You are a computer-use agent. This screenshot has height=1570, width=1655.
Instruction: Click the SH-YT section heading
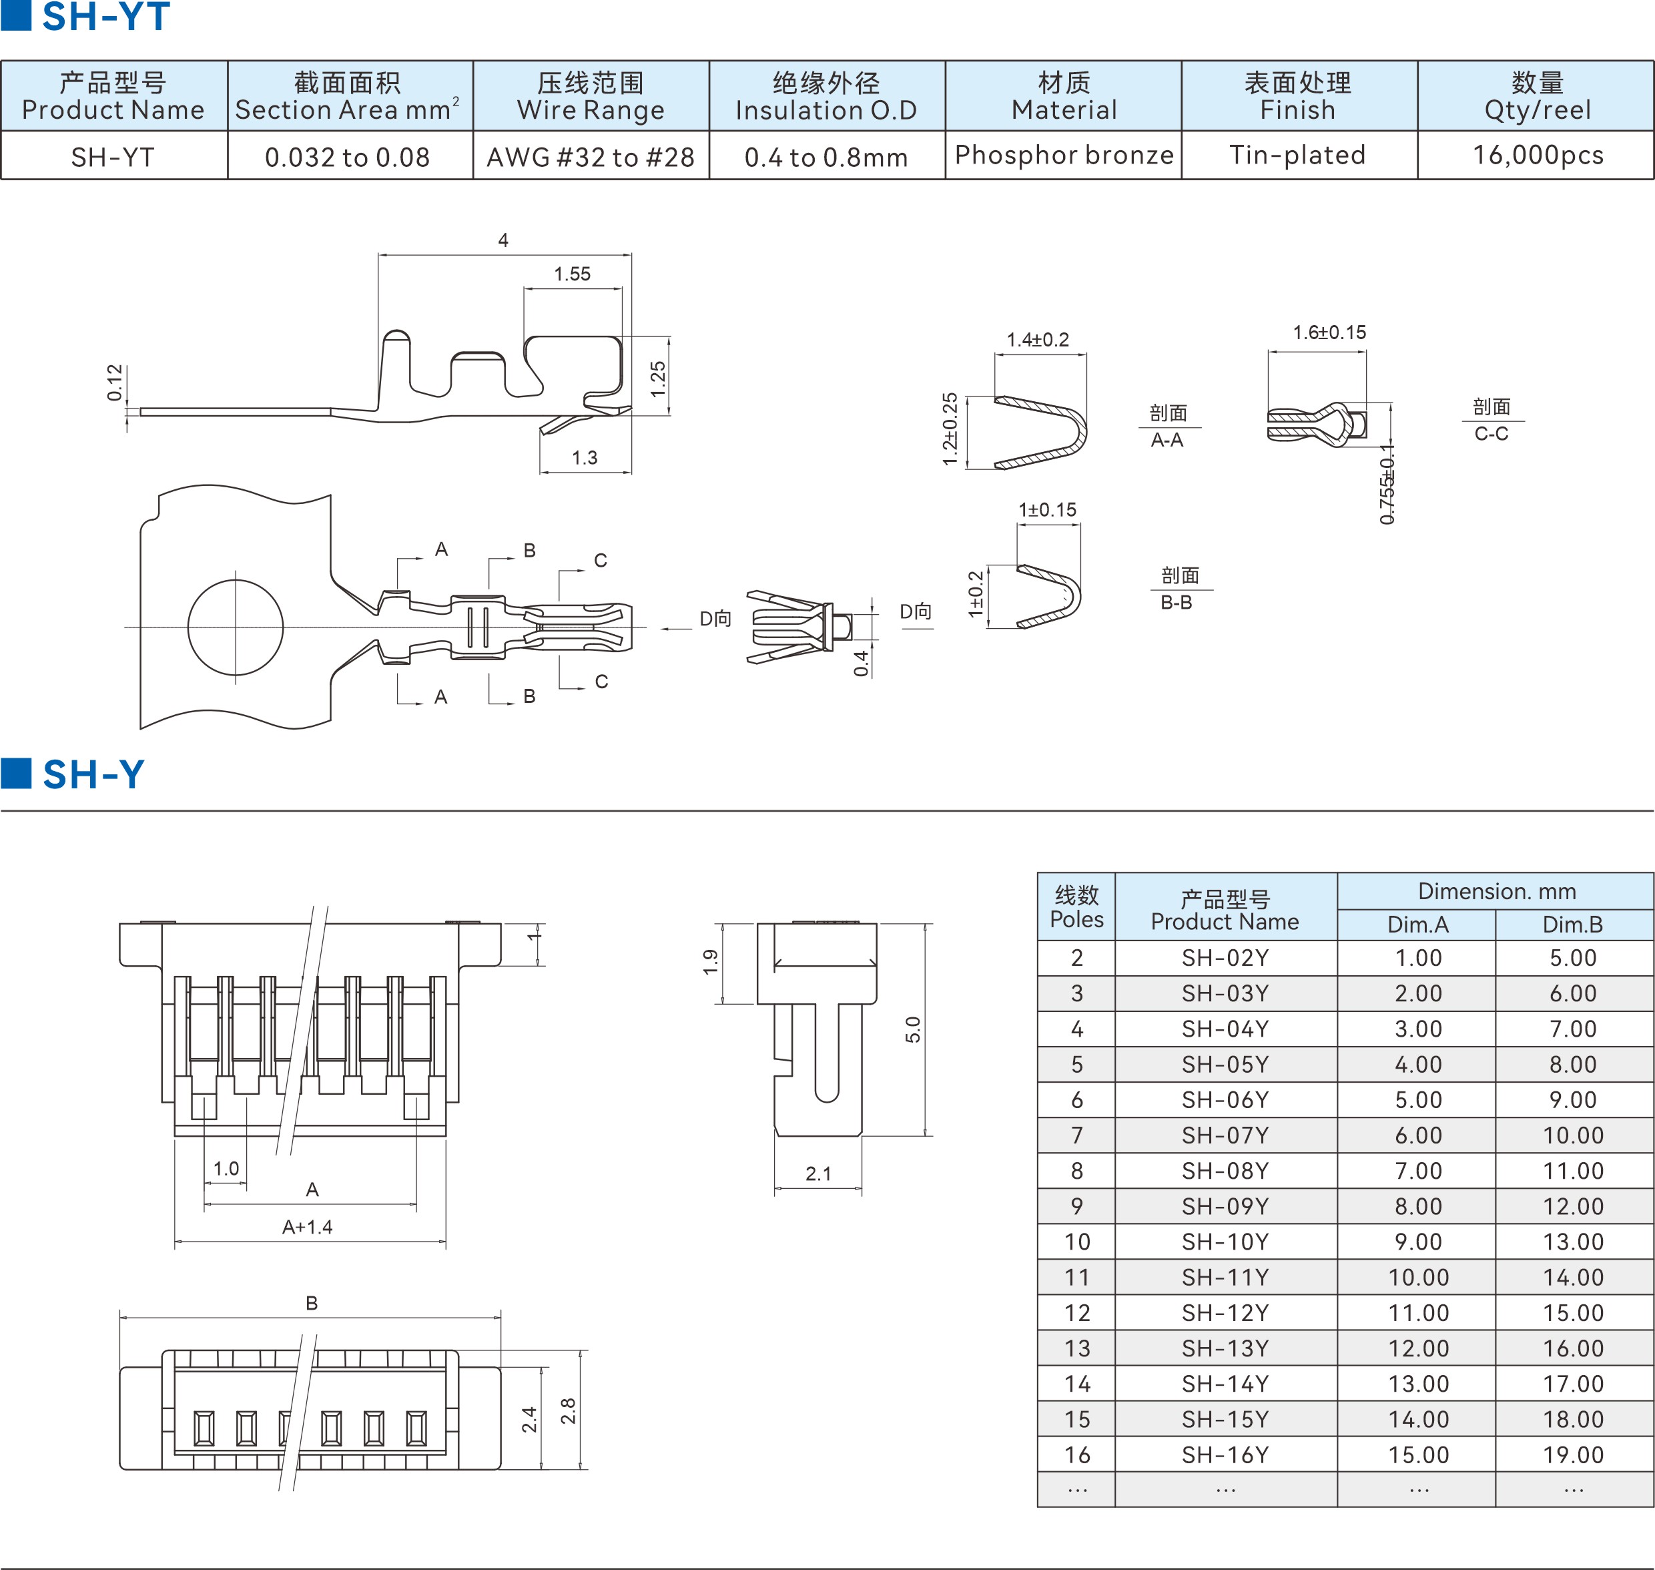point(105,17)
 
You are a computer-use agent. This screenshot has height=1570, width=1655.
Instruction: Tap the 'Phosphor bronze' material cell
point(1064,155)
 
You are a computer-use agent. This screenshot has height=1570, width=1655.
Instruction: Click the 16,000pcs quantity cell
point(1537,155)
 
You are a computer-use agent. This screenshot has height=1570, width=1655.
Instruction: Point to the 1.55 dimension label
point(573,274)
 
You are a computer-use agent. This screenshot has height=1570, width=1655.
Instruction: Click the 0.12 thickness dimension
point(115,382)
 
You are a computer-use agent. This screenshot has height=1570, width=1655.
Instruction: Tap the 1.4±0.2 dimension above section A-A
point(1038,340)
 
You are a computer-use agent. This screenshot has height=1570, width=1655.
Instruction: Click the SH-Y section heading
point(93,774)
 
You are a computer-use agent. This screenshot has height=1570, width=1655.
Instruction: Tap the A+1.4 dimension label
point(307,1227)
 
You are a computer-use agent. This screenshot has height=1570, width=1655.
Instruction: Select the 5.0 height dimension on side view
point(913,1029)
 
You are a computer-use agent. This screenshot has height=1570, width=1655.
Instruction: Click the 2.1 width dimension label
point(818,1173)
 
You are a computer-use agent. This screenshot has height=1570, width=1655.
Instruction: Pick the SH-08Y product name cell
point(1225,1171)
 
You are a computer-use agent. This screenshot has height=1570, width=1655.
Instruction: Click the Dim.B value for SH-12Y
point(1573,1312)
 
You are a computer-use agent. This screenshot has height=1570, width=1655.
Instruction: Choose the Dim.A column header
point(1417,924)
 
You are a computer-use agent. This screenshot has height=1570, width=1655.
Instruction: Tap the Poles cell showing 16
point(1077,1455)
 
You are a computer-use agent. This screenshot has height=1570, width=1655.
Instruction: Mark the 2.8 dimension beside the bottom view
point(568,1410)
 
